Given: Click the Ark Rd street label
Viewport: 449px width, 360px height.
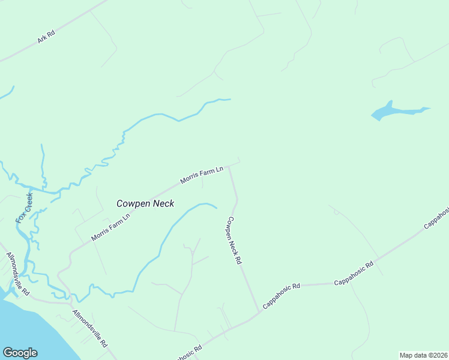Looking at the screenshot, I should tap(46, 37).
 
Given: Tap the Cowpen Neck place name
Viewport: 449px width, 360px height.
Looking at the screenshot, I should tap(145, 203).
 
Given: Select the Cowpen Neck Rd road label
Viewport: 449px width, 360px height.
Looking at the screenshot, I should tap(233, 241).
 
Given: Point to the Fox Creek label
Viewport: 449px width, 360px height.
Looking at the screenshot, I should tap(25, 208).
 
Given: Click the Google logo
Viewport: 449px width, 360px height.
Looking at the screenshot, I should tap(20, 353).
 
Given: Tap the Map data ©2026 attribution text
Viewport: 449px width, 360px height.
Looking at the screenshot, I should tap(423, 355).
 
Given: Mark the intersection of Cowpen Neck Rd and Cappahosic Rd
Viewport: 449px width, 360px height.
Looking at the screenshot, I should tap(260, 311).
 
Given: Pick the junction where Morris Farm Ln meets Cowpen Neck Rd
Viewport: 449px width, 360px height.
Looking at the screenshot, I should tap(228, 167).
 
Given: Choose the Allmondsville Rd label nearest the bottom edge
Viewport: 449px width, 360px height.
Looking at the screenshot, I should tap(89, 328).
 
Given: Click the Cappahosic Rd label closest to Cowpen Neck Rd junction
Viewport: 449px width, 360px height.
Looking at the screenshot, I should tap(281, 296).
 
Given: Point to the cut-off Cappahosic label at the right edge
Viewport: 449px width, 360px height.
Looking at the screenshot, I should tap(436, 218).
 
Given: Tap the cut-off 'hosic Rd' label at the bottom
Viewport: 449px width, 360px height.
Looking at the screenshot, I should tap(187, 352).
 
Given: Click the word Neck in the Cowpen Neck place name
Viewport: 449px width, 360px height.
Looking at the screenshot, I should tap(163, 203).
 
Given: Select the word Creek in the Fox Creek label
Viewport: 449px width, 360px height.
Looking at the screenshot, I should tap(28, 200).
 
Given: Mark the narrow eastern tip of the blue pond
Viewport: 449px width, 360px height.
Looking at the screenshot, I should tap(427, 109).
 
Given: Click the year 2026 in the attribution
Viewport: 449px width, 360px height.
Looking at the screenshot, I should tap(440, 355).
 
